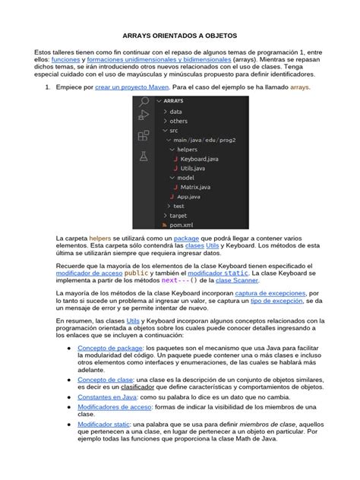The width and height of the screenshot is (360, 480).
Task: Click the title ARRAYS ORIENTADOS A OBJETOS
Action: pyautogui.click(x=179, y=35)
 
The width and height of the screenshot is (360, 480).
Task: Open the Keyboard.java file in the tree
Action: pyautogui.click(x=198, y=158)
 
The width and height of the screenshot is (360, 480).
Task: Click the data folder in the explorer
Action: pyautogui.click(x=175, y=112)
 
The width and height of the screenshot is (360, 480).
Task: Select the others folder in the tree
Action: pyautogui.click(x=178, y=121)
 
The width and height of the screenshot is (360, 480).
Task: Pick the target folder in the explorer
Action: pyautogui.click(x=178, y=216)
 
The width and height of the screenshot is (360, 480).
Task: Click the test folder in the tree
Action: pyautogui.click(x=178, y=206)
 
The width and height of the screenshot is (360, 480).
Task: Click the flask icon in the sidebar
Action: pyautogui.click(x=143, y=156)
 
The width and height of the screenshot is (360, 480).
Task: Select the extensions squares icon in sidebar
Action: pyautogui.click(x=143, y=136)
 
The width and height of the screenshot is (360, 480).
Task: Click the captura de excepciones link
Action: pyautogui.click(x=270, y=292)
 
